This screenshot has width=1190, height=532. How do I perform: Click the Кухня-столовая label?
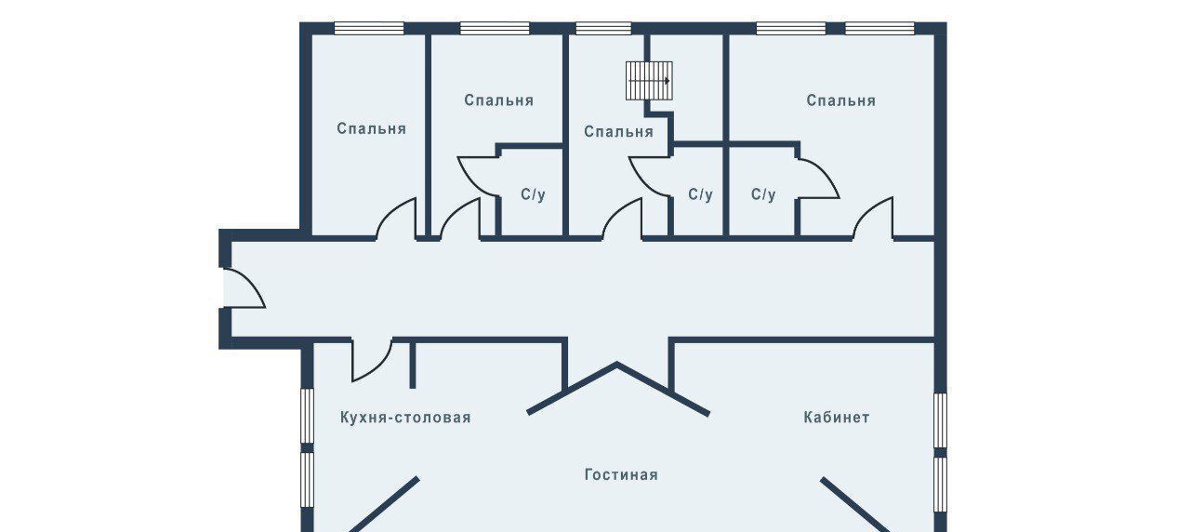(405, 418)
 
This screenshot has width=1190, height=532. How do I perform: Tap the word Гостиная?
(621, 475)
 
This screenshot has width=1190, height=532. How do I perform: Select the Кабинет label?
(836, 418)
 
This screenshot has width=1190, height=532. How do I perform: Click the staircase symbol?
(649, 81)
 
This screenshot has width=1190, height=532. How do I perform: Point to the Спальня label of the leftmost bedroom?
(371, 128)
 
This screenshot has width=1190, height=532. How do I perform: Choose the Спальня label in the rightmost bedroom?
(840, 100)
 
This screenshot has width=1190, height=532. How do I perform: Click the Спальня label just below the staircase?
(618, 132)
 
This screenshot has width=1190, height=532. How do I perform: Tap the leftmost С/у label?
(533, 195)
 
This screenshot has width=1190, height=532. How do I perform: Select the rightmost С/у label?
(763, 195)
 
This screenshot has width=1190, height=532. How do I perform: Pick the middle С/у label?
(700, 195)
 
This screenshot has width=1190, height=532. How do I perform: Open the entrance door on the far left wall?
(244, 286)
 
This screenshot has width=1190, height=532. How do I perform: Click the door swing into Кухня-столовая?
(371, 361)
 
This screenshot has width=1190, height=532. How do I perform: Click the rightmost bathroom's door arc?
(819, 178)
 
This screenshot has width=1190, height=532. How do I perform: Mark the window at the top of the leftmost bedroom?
(368, 28)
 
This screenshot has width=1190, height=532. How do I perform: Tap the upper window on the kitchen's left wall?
(306, 417)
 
